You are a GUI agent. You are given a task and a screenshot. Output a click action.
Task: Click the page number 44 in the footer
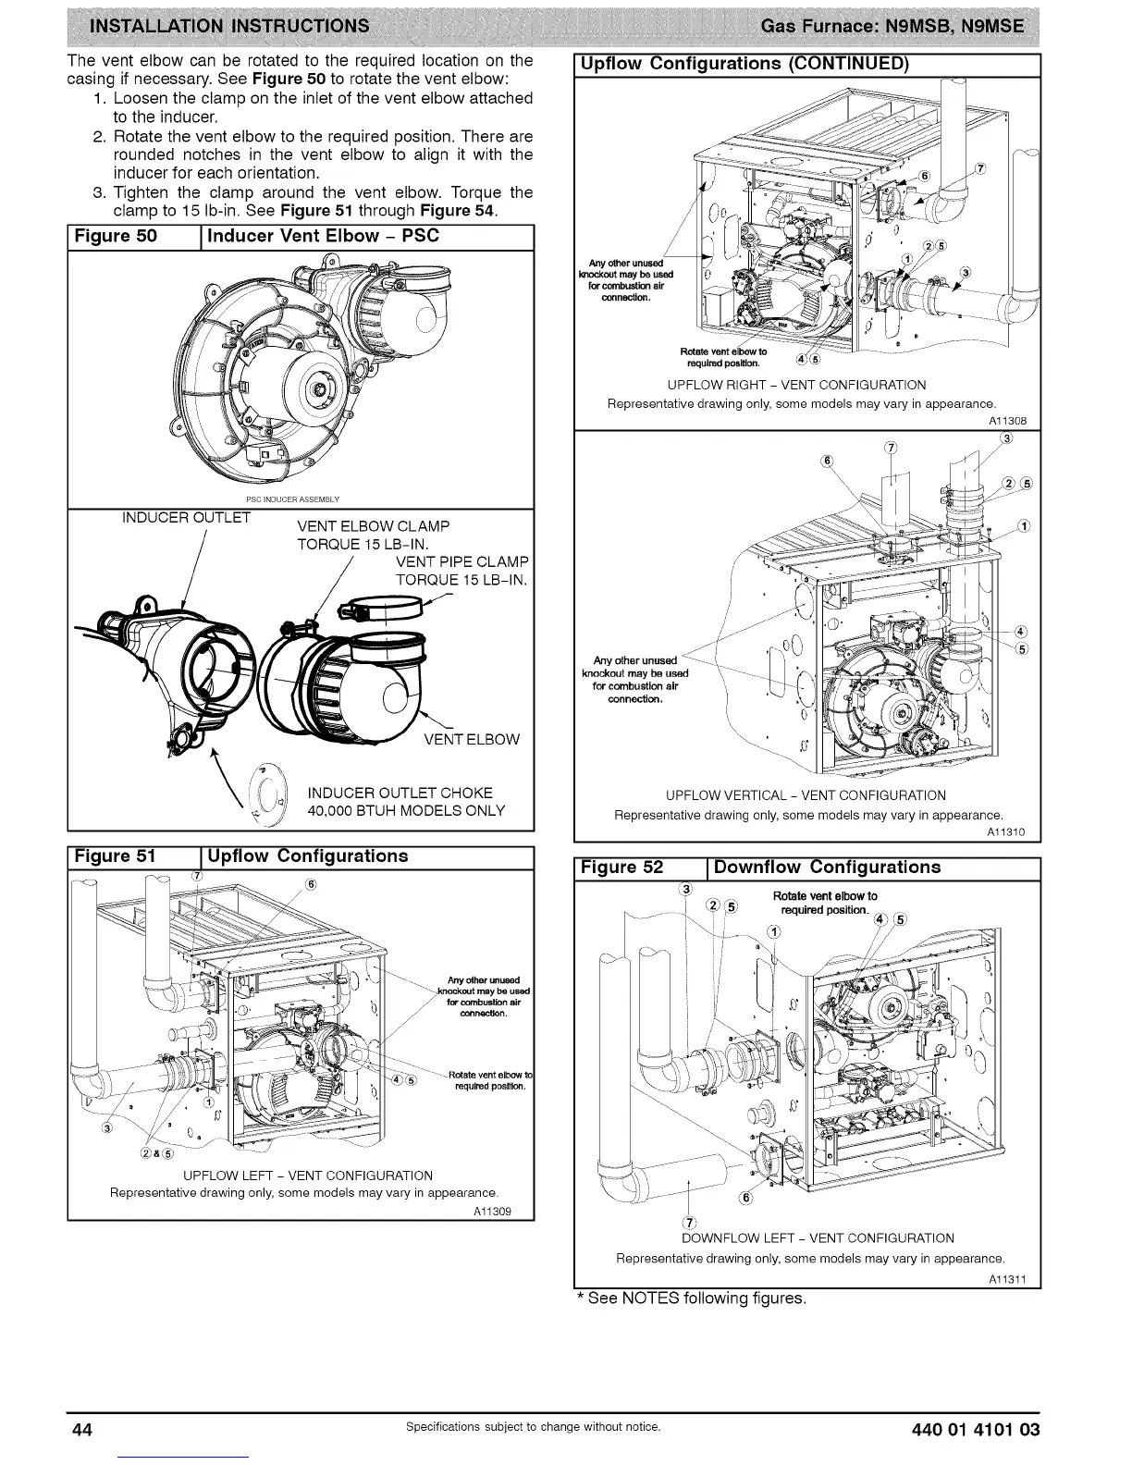[81, 1429]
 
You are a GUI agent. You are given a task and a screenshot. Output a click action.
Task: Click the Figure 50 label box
[116, 236]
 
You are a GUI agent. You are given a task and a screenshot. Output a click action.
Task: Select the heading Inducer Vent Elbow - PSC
[323, 236]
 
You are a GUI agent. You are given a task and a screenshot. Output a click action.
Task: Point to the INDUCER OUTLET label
[186, 517]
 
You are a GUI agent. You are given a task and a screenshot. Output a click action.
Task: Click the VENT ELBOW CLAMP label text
[373, 526]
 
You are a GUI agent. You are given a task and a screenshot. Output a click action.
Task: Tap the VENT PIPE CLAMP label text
[461, 562]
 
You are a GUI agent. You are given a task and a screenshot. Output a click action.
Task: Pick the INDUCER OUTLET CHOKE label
[400, 793]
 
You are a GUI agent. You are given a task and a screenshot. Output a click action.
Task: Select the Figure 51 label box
[116, 856]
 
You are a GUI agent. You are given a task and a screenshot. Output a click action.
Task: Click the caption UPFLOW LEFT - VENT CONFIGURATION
[308, 1176]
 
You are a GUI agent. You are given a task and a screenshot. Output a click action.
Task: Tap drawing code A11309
[491, 1211]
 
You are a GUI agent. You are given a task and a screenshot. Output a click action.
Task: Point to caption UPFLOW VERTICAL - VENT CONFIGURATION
[806, 795]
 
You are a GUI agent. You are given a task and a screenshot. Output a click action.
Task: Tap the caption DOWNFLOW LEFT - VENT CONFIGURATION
[818, 1238]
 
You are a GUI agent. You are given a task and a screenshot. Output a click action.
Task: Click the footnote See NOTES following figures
[691, 1299]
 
